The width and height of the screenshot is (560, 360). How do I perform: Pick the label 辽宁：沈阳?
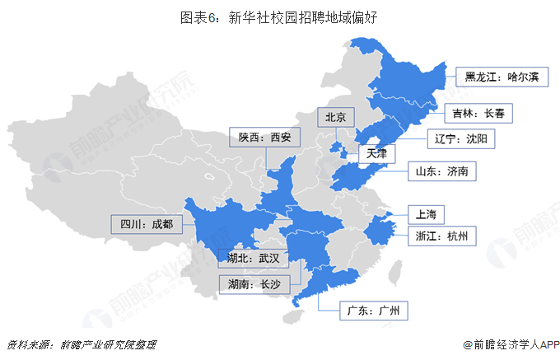tap(460, 138)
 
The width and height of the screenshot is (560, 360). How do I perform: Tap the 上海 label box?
tap(426, 214)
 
